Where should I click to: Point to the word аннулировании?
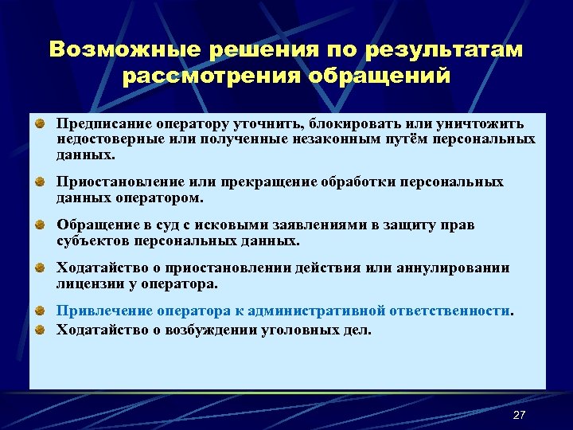tap(462, 268)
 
